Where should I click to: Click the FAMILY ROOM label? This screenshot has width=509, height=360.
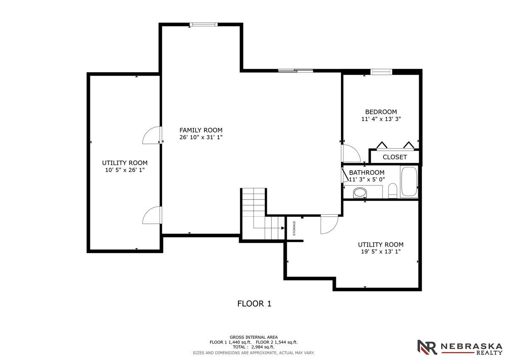(201, 130)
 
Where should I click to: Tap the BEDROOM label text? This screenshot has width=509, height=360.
(381, 112)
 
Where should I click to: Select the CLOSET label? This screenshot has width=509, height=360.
(395, 157)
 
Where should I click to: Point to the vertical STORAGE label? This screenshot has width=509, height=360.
(294, 228)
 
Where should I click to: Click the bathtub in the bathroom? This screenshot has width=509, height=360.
(409, 181)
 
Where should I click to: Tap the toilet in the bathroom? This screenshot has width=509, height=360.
(392, 191)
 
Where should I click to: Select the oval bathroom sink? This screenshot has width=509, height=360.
(360, 193)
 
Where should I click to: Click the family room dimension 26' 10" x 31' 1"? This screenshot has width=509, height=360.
(201, 138)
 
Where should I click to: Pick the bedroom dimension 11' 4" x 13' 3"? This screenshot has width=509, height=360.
(381, 119)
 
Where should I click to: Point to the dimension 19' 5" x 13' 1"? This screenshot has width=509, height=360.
(381, 251)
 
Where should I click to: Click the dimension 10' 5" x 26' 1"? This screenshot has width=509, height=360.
(125, 170)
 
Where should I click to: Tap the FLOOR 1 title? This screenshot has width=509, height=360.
(254, 304)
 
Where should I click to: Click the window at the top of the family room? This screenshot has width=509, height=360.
(204, 25)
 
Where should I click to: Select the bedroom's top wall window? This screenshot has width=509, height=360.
(381, 72)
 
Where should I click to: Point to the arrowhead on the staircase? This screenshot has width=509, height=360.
(282, 228)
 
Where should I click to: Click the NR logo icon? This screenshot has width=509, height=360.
(427, 347)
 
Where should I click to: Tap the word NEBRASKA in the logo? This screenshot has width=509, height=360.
(471, 346)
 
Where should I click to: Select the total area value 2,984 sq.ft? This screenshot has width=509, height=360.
(263, 347)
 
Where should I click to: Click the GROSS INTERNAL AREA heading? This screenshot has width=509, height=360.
(254, 337)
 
